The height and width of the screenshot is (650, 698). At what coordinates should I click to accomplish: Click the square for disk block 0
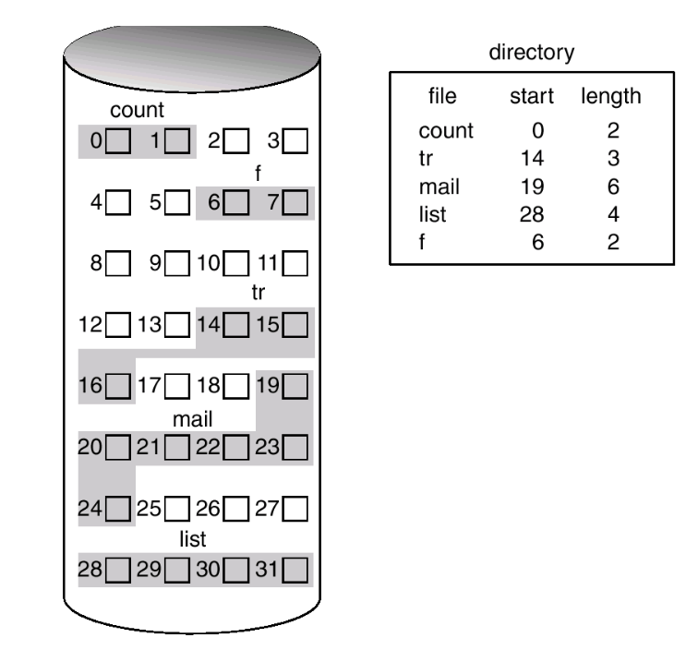point(117,141)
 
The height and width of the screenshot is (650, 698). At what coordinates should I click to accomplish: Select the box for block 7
point(295,202)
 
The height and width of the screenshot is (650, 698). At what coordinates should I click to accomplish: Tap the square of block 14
point(236,324)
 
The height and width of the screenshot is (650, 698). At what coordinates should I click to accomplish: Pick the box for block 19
point(295,385)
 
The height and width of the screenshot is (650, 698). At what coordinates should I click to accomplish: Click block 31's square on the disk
point(295,568)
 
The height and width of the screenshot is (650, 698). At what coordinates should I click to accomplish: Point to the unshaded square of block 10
point(236,263)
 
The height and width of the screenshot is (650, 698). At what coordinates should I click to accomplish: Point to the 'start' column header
point(531,96)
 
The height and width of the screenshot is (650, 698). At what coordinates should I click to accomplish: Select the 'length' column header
point(611,96)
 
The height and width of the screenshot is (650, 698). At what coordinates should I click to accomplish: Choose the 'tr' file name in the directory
point(426,160)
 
